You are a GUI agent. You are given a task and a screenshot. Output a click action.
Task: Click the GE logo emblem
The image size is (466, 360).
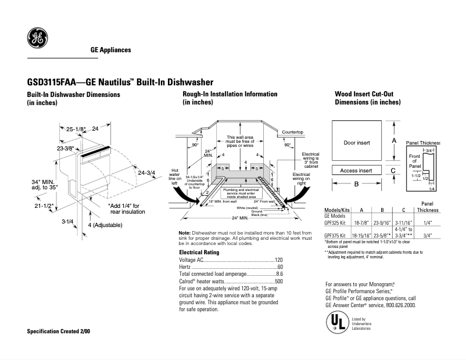tap(37, 38)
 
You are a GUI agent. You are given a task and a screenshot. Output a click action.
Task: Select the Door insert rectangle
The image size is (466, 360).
tap(356, 142)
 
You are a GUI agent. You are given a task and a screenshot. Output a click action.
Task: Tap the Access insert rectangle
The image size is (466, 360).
tap(356, 171)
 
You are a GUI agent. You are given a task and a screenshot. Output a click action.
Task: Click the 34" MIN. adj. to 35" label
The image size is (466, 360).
tap(43, 185)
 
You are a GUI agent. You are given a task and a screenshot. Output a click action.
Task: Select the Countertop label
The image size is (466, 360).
tap(293, 132)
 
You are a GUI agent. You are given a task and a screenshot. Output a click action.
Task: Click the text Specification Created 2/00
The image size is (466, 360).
tap(59, 331)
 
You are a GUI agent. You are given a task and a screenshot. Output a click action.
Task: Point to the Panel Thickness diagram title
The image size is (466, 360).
tap(422, 142)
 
